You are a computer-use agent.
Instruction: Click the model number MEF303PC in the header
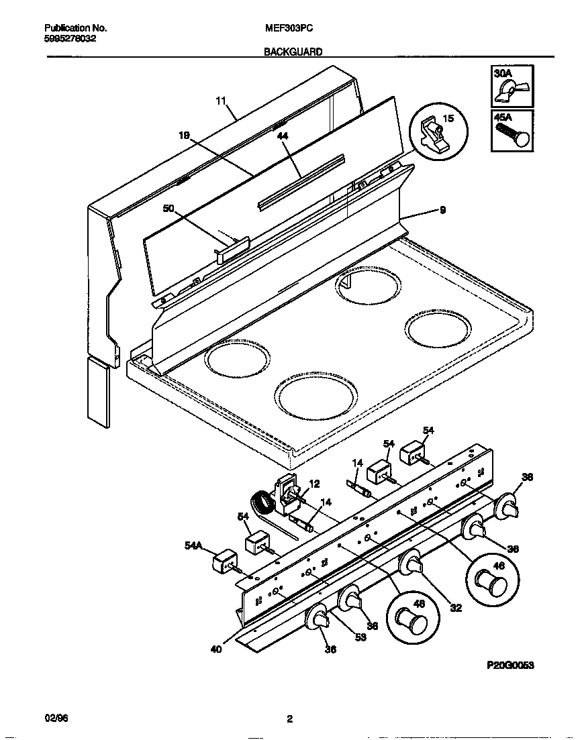click(x=289, y=28)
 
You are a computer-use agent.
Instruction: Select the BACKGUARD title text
click(x=293, y=51)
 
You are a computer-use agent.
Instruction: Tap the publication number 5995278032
click(x=70, y=39)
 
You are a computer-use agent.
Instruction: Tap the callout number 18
click(x=184, y=135)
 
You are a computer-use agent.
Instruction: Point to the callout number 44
click(x=282, y=136)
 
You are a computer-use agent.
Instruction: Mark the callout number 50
click(x=168, y=209)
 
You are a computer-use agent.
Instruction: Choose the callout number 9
click(x=442, y=210)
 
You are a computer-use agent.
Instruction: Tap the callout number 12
click(x=314, y=484)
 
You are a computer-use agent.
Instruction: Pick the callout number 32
click(x=456, y=608)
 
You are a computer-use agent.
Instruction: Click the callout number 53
click(x=360, y=637)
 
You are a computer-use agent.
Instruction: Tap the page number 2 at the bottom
click(x=289, y=720)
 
